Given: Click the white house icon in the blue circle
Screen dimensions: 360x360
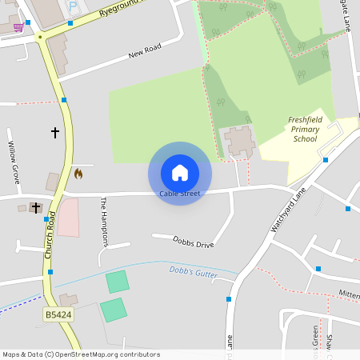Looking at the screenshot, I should [180, 172].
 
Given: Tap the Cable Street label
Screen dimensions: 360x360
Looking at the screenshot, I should [180, 194].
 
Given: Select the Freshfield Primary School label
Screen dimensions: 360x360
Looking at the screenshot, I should [304, 130].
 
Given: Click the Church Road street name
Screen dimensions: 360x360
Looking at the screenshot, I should [50, 234].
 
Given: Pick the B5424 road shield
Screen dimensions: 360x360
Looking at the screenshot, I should [57, 315].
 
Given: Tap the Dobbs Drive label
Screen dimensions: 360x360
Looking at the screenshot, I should [194, 241].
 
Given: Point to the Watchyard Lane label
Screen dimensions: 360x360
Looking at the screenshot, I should [288, 211].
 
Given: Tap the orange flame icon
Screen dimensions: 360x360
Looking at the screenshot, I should [78, 173].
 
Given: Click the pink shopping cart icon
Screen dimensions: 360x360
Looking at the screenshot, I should [18, 27].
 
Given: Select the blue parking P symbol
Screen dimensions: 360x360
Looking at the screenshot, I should [74, 7].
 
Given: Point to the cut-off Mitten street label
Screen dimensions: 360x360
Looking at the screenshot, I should [349, 294].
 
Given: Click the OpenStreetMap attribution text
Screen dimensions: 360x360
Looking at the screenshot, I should [82, 354].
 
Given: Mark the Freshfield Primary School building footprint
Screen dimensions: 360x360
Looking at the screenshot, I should [239, 142].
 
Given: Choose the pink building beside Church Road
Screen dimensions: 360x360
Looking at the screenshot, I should [68, 217].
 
